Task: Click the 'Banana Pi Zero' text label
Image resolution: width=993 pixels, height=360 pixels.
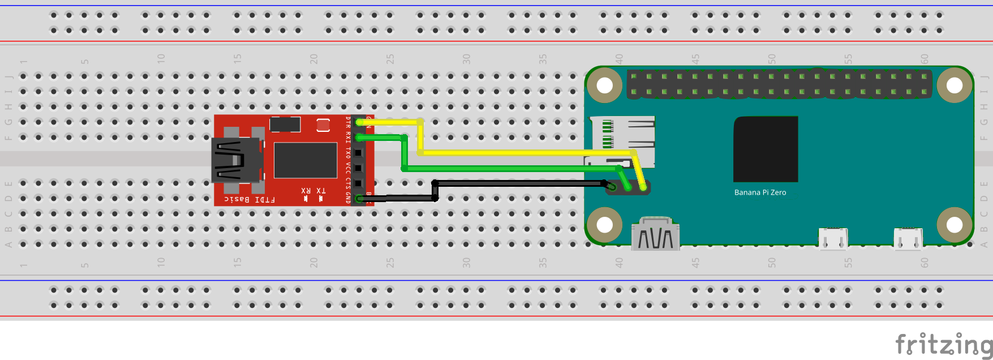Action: click(x=760, y=192)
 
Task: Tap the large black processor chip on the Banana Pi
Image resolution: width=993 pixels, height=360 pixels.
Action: click(x=766, y=149)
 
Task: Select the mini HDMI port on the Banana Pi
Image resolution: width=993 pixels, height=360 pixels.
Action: click(x=655, y=234)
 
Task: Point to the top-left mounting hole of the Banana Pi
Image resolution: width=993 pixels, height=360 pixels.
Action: click(x=605, y=85)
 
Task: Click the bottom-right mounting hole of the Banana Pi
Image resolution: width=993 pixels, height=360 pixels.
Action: click(x=955, y=225)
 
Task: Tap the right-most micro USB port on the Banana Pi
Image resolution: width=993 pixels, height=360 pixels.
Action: click(x=908, y=238)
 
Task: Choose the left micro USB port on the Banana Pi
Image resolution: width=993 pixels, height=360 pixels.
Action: click(x=833, y=238)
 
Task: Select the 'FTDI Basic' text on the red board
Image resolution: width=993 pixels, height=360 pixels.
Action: click(x=250, y=199)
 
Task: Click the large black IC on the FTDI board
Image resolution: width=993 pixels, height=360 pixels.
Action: click(x=306, y=160)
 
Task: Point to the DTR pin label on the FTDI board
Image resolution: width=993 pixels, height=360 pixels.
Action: click(x=348, y=122)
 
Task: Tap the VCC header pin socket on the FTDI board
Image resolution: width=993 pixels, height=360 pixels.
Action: click(x=358, y=168)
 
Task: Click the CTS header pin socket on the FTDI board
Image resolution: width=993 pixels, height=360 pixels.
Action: click(x=358, y=183)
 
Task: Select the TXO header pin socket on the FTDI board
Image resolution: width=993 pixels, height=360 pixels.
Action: click(x=358, y=153)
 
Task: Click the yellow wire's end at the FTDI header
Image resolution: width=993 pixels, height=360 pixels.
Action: click(x=359, y=122)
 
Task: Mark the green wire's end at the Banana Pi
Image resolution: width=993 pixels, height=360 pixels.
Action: click(x=629, y=188)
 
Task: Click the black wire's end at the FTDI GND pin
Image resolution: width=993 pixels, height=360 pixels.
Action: click(x=359, y=199)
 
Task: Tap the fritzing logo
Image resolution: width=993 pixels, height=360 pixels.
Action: click(x=943, y=344)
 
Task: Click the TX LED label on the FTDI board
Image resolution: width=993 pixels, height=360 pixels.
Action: click(x=321, y=191)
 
